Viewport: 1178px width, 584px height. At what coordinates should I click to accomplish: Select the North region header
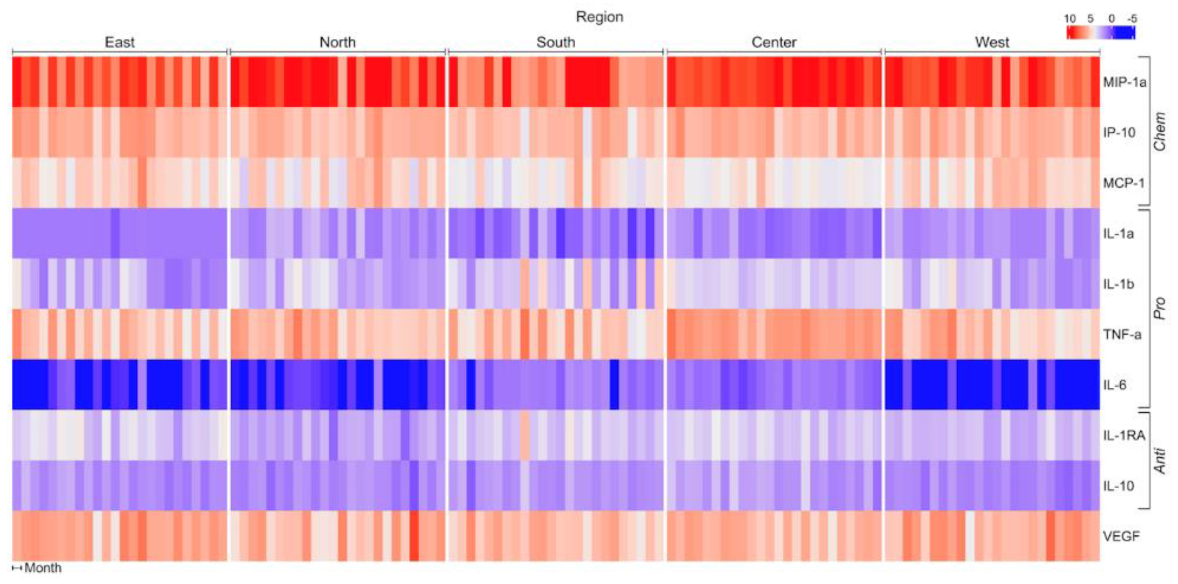pos(337,42)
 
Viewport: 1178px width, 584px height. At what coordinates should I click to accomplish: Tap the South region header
pos(555,42)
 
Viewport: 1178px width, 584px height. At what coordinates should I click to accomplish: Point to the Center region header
pos(774,42)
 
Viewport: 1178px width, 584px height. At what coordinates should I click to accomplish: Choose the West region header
pos(991,42)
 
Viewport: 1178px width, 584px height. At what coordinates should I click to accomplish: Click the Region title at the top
pos(599,17)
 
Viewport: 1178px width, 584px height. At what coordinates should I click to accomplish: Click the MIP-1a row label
pos(1125,82)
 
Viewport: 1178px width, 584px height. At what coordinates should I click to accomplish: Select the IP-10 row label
pos(1119,133)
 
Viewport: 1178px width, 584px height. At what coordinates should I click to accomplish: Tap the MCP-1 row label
pos(1124,183)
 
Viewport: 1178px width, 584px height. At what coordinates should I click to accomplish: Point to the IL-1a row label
pos(1118,234)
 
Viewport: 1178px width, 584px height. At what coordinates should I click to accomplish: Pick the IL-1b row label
pos(1118,284)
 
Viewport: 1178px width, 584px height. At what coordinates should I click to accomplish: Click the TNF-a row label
pos(1122,335)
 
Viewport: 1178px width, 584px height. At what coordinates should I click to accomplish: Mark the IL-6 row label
pos(1115,385)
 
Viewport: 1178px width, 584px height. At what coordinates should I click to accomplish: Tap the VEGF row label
pos(1121,536)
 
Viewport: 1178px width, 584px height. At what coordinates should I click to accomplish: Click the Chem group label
pos(1160,131)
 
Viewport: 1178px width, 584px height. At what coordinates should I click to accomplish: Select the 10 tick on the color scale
pos(1069,19)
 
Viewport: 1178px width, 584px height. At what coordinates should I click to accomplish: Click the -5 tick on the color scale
pos(1132,19)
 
